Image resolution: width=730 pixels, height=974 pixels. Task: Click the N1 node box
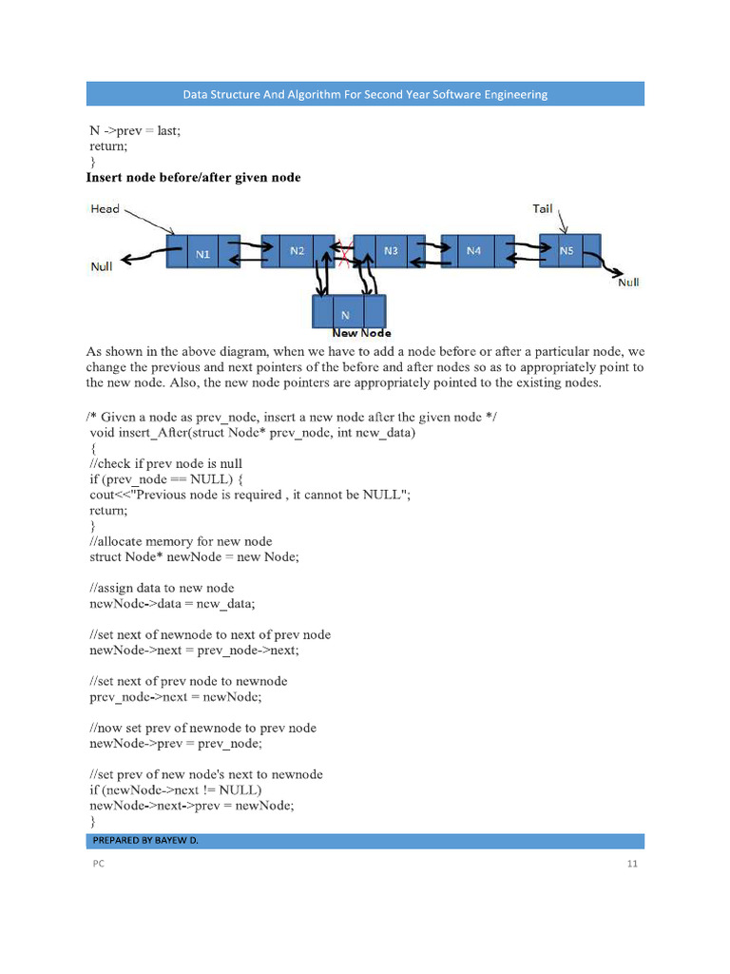pos(203,254)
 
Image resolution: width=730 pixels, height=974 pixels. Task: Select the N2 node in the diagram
pos(297,251)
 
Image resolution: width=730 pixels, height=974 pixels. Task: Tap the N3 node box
pos(390,251)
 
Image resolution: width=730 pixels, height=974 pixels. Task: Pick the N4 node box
pos(473,251)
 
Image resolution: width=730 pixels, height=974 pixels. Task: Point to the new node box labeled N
pos(348,312)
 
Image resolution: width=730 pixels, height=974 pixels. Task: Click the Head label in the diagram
pos(105,208)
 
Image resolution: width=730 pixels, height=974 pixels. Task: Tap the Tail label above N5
pos(542,208)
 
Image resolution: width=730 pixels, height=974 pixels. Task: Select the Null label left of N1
pos(102,266)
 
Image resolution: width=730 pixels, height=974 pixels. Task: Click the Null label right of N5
pos(628,282)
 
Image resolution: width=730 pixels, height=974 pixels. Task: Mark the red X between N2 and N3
pos(343,251)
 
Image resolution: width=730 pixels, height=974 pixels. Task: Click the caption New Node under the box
pos(361,334)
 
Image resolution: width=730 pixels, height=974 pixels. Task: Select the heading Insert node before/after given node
pos(193,178)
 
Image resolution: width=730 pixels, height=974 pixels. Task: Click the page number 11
pos(631,864)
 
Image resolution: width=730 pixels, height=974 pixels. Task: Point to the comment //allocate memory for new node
pos(181,541)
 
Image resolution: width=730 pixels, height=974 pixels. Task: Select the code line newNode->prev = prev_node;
pos(175,744)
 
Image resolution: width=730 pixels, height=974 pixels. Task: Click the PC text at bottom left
pos(98,864)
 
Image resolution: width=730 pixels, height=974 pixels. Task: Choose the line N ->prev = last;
pos(134,131)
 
